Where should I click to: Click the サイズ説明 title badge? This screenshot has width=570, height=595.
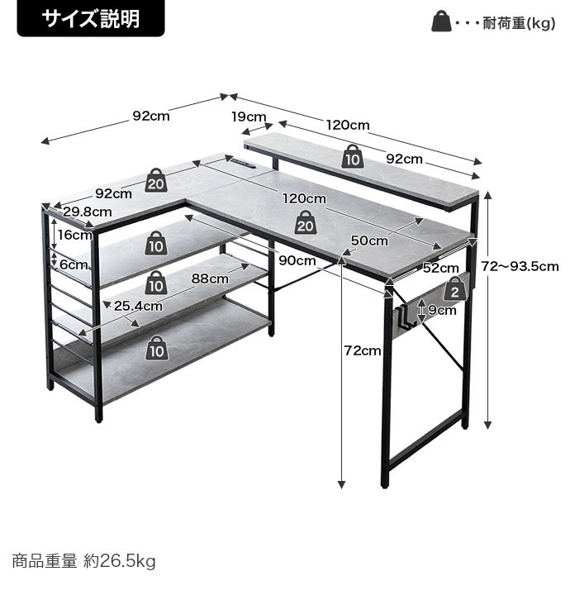[x=91, y=18]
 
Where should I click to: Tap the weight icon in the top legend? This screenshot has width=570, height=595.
[x=441, y=21]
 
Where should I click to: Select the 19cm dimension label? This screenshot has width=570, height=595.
[x=249, y=117]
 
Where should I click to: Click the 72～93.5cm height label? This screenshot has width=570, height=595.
[x=520, y=266]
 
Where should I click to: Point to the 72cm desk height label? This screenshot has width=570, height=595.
[x=363, y=350]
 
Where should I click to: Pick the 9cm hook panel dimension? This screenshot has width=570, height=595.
[x=442, y=311]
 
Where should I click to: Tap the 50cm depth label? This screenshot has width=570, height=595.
[x=369, y=240]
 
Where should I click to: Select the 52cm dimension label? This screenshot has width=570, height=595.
[x=440, y=268]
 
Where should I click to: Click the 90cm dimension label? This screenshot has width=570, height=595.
[x=297, y=260]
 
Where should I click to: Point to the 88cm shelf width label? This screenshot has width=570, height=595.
[x=210, y=278]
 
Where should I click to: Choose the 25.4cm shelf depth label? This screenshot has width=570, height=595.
[x=138, y=306]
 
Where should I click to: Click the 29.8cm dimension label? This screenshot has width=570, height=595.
[x=88, y=212]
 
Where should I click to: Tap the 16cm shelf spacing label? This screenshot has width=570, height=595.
[x=75, y=235]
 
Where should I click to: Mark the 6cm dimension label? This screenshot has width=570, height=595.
[x=74, y=264]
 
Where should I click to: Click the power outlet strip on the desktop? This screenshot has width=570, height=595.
[x=242, y=164]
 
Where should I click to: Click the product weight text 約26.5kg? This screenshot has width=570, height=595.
[x=120, y=561]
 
